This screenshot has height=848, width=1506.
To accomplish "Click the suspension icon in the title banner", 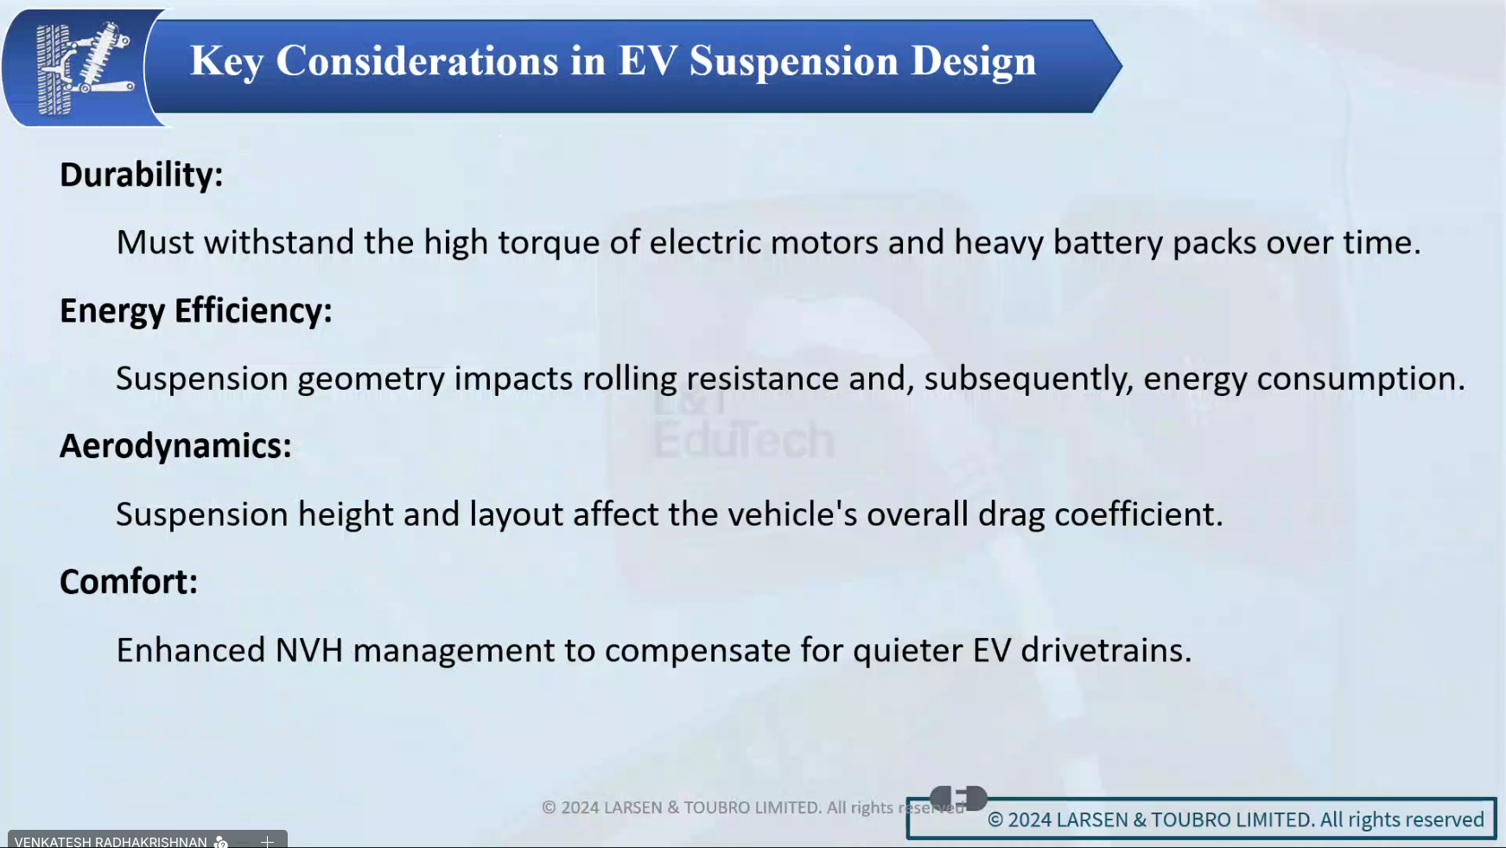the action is (x=84, y=69).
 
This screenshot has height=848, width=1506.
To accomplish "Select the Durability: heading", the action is (x=142, y=175).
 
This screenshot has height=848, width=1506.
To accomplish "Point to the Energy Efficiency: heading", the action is (x=196, y=311).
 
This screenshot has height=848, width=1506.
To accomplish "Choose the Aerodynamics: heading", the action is (x=175, y=446).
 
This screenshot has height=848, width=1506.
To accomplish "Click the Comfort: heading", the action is (x=129, y=582).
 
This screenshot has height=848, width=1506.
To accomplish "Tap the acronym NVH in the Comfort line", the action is (x=309, y=651).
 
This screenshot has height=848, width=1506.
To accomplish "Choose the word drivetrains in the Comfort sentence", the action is (x=1106, y=651).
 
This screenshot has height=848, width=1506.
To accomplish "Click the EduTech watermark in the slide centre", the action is (x=744, y=440).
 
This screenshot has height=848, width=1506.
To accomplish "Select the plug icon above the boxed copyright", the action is (x=958, y=798).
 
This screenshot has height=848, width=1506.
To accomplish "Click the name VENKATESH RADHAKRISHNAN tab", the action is (x=111, y=841).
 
